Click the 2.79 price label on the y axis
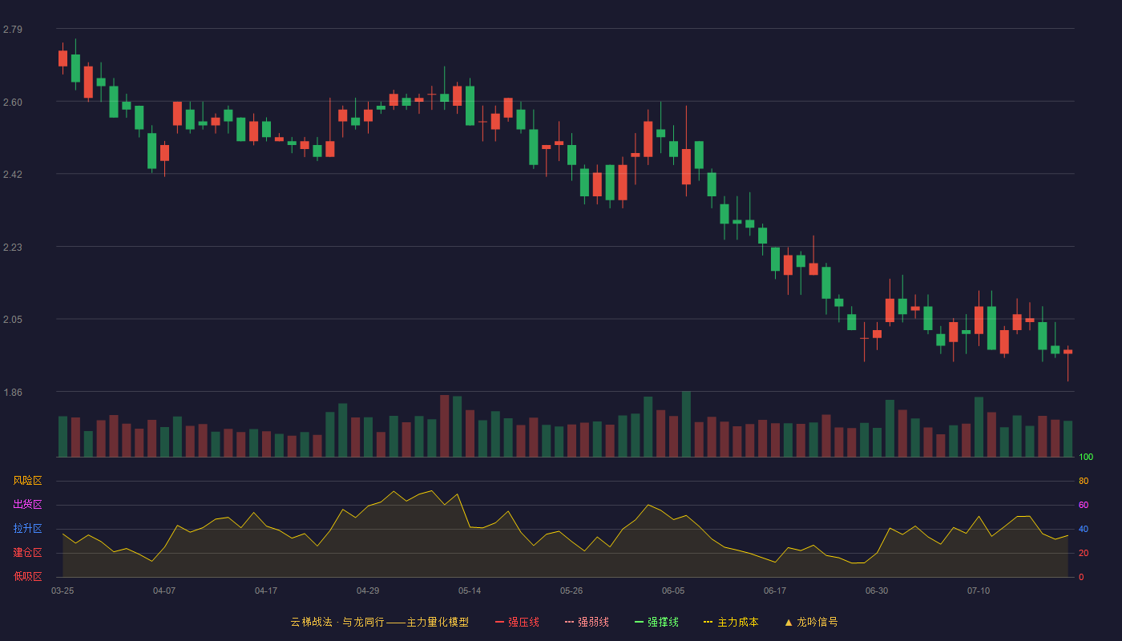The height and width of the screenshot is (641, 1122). pyautogui.click(x=13, y=30)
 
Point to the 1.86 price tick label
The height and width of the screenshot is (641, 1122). pyautogui.click(x=13, y=393)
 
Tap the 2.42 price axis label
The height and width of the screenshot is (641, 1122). pyautogui.click(x=13, y=175)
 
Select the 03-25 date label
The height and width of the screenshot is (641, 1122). pyautogui.click(x=63, y=591)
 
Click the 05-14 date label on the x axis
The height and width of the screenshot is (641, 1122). pyautogui.click(x=470, y=591)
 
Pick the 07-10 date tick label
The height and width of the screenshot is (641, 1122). pyautogui.click(x=979, y=591)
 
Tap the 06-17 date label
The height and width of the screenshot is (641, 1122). pyautogui.click(x=775, y=591)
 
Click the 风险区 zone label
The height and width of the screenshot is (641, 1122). pyautogui.click(x=27, y=481)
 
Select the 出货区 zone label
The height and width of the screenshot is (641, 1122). pyautogui.click(x=27, y=504)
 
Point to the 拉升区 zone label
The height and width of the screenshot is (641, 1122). pyautogui.click(x=27, y=528)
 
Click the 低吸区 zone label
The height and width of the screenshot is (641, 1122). pyautogui.click(x=27, y=576)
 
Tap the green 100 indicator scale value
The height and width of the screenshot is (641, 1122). pyautogui.click(x=1086, y=457)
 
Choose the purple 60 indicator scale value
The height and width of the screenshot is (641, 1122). pyautogui.click(x=1084, y=505)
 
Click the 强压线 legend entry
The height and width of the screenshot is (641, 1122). pyautogui.click(x=517, y=622)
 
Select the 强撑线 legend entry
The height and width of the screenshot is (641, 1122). pyautogui.click(x=656, y=622)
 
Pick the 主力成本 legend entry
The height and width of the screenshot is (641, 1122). pyautogui.click(x=731, y=622)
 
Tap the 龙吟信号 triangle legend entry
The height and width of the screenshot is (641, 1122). pyautogui.click(x=811, y=622)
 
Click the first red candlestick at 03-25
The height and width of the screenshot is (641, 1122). pyautogui.click(x=63, y=58)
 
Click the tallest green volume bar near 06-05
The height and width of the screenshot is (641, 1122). pyautogui.click(x=686, y=424)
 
